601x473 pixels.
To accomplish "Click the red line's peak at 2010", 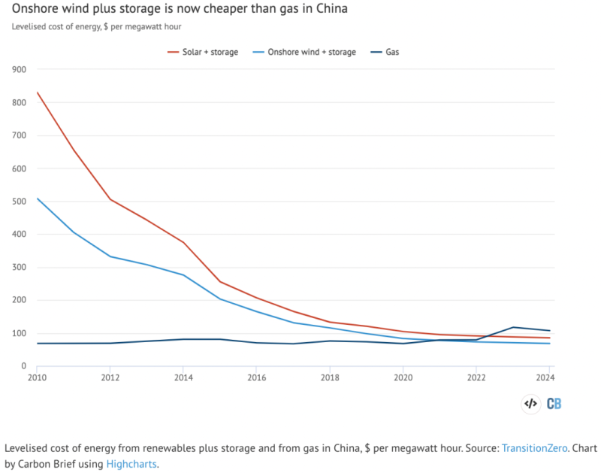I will (x=37, y=92).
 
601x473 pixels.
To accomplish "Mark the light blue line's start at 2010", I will (x=37, y=199).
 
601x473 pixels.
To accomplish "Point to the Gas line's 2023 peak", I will (x=514, y=327).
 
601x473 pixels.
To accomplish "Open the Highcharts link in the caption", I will (x=131, y=464).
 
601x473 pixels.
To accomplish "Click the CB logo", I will (x=554, y=404).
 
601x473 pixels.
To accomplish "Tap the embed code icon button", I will (x=530, y=404).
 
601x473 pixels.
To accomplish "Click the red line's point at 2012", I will (x=110, y=199).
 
